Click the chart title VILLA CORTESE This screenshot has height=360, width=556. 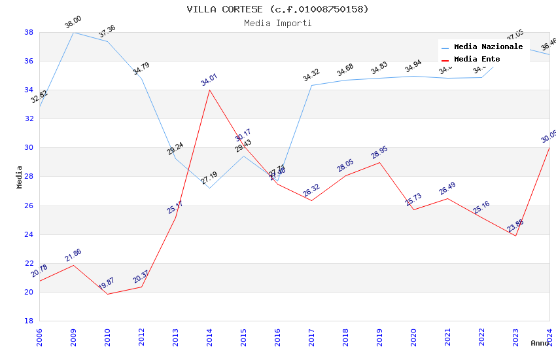click(x=277, y=9)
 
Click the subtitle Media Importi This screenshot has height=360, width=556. click(x=277, y=23)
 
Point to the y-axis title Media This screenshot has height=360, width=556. click(x=20, y=177)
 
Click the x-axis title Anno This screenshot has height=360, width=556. click(x=540, y=343)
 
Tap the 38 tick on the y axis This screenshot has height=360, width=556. click(x=29, y=32)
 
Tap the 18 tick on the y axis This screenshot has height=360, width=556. click(x=29, y=321)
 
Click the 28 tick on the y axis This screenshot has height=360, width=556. click(x=29, y=177)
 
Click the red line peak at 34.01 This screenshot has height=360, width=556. click(x=209, y=90)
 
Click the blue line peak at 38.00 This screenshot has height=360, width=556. click(x=73, y=32)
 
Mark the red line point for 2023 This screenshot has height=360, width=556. click(x=515, y=236)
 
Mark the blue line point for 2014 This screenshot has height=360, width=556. click(x=209, y=188)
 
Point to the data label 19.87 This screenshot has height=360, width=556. click(x=106, y=283)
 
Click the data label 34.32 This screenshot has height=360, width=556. click(x=311, y=75)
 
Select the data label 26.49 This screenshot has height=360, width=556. click(x=447, y=188)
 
